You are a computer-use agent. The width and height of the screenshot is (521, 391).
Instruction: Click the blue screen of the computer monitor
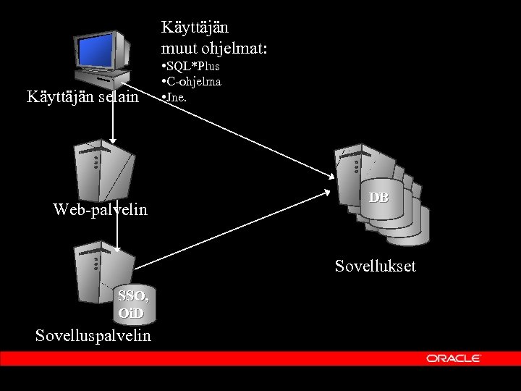coord(100,49)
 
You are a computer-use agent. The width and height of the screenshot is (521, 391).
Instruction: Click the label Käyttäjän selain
coord(82,96)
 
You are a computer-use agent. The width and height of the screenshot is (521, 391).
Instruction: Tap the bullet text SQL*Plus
coord(192,67)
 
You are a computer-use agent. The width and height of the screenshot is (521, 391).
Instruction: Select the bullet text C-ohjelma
coord(192,81)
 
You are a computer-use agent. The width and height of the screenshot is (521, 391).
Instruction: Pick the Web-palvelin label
coord(100,210)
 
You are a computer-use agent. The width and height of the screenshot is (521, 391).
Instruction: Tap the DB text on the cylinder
coord(378,198)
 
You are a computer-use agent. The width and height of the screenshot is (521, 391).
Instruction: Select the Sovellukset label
coord(375,266)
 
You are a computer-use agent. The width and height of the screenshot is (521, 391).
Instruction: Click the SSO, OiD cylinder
coord(135,304)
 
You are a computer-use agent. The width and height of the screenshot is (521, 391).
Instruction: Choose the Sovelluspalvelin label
coord(93,335)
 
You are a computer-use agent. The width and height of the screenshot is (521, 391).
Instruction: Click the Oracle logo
coord(454,358)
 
